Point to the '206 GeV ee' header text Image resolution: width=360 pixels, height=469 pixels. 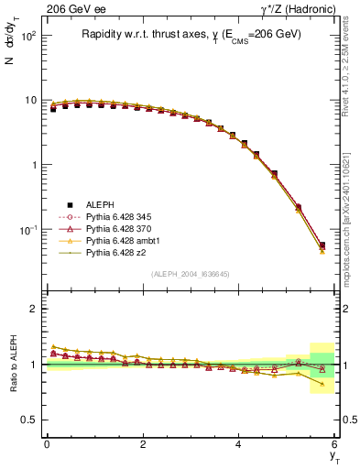72,9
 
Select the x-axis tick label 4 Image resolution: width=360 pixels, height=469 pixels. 239,444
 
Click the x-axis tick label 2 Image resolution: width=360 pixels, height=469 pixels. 143,444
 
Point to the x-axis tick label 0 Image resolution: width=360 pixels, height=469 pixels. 47,444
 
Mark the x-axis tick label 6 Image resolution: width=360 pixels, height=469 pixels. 335,444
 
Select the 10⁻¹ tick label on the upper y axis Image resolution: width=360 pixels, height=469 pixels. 28,229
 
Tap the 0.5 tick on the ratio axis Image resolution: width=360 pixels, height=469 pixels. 30,420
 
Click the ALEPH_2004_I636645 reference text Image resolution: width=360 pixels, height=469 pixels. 191,274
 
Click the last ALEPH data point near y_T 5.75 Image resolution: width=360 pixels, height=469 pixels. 322,245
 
